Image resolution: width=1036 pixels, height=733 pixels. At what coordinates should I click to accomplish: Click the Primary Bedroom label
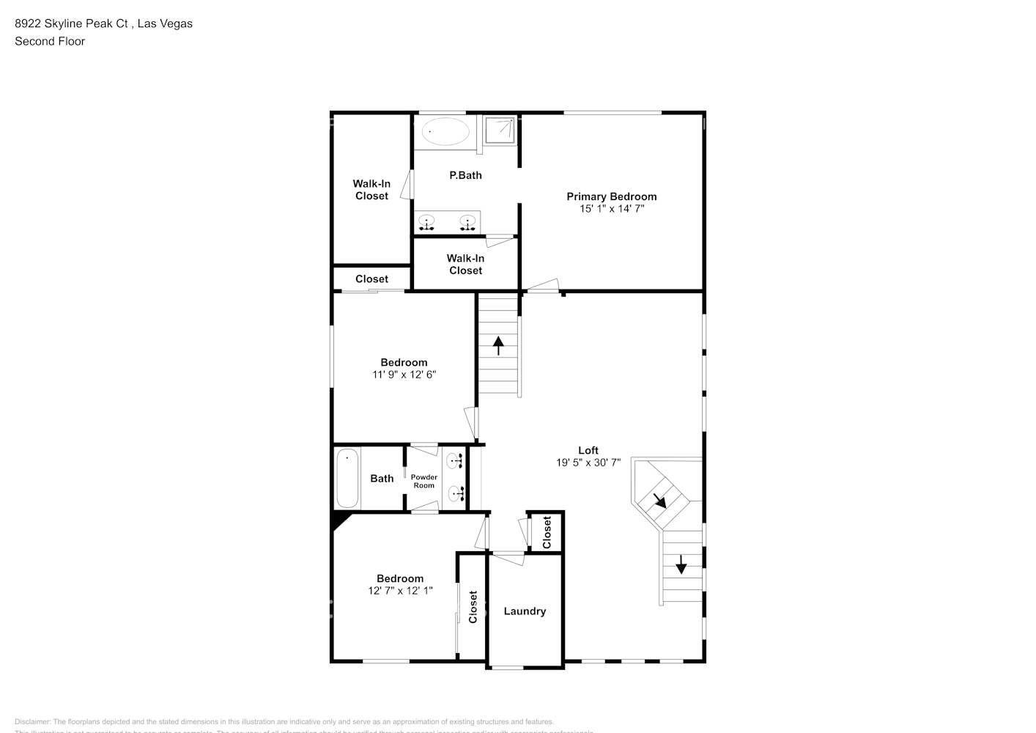[x=611, y=196]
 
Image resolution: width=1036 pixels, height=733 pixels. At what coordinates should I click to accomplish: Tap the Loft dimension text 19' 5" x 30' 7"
[x=588, y=463]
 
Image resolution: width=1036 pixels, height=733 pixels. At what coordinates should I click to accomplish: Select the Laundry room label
[x=525, y=611]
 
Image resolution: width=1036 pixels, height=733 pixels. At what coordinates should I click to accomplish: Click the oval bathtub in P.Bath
[x=446, y=132]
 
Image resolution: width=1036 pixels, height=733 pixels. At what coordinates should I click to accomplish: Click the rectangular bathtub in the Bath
[x=347, y=478]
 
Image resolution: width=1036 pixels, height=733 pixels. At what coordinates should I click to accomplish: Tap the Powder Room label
[x=423, y=481]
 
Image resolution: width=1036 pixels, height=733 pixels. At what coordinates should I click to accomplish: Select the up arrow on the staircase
[x=499, y=345]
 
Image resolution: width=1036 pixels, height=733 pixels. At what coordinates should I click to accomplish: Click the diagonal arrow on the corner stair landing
[x=659, y=501]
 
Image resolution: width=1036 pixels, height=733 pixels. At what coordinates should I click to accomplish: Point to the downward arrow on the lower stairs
[x=681, y=564]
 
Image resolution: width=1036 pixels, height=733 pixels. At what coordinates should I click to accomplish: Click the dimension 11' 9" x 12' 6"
[x=404, y=375]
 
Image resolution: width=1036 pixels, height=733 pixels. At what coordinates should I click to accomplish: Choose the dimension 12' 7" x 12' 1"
[x=400, y=591]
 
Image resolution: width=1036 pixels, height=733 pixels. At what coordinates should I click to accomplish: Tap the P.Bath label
[x=465, y=175]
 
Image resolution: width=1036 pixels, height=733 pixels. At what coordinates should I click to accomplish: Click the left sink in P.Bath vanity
[x=426, y=221]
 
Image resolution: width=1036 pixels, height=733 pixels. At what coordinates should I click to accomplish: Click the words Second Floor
[x=50, y=41]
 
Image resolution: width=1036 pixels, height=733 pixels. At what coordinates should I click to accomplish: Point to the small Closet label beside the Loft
[x=547, y=532]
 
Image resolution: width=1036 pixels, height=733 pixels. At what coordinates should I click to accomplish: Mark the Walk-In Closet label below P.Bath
[x=465, y=264]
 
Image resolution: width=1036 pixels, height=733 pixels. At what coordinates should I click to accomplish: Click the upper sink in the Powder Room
[x=454, y=460]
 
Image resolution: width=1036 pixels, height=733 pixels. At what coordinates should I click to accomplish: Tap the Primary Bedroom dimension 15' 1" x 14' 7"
[x=611, y=209]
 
